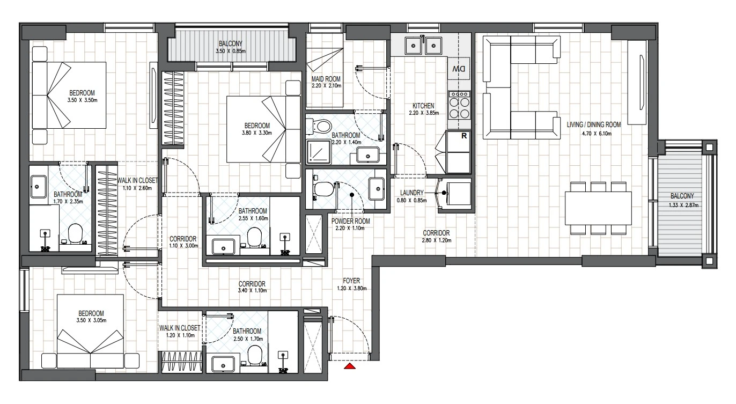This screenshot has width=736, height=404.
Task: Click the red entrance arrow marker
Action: [x=350, y=366]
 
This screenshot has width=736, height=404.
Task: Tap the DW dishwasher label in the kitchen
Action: [x=459, y=69]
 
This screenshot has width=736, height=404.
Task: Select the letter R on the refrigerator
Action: [x=464, y=136]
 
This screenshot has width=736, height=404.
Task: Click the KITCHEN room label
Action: [x=423, y=106]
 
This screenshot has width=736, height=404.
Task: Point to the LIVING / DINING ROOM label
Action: [x=594, y=124]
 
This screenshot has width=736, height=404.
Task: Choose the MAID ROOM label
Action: [x=326, y=79]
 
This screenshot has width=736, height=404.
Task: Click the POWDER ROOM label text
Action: [x=351, y=221]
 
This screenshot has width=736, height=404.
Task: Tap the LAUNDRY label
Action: [x=411, y=193]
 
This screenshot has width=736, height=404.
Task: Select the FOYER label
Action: [x=351, y=281]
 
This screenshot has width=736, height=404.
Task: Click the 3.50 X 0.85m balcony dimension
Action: [x=231, y=52]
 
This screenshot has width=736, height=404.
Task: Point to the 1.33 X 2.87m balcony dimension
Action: [x=683, y=205]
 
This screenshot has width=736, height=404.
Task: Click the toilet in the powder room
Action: [x=323, y=189]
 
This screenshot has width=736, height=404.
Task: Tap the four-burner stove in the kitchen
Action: [x=459, y=105]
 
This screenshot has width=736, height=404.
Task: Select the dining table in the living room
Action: [x=598, y=208]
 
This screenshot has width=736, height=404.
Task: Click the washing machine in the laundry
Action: [x=455, y=194]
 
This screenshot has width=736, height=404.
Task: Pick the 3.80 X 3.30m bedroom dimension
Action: [x=256, y=133]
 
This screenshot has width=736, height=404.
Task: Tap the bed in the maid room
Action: [x=325, y=70]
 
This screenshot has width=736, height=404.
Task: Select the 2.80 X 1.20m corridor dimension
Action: [x=436, y=240]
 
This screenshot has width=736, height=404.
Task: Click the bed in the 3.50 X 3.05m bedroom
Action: [x=90, y=332]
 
